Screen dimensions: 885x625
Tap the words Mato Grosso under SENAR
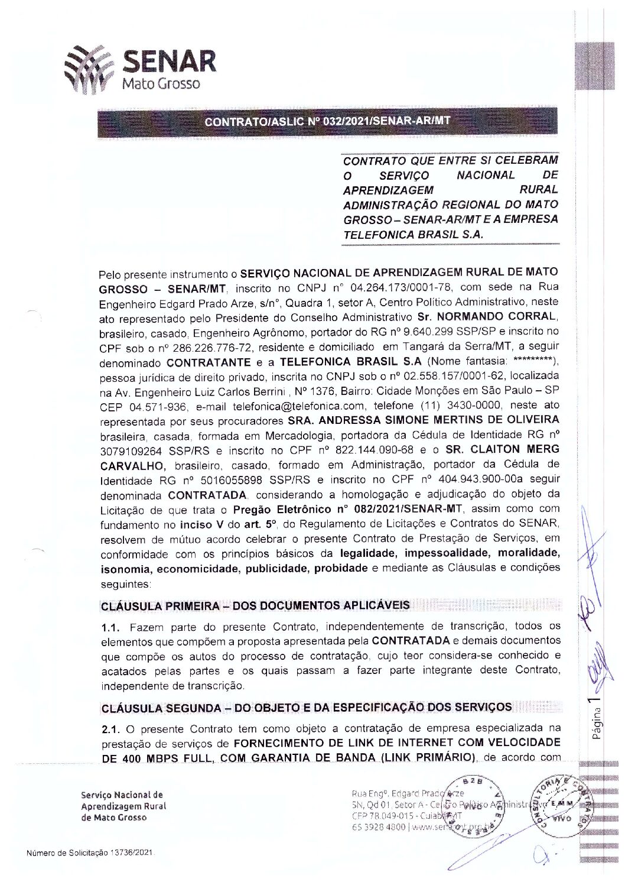tap(161, 84)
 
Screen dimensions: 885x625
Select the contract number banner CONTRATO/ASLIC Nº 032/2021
tap(327, 122)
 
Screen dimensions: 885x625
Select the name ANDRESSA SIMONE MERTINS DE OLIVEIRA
tap(423, 420)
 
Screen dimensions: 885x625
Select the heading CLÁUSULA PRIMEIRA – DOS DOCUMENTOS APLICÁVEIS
tap(255, 606)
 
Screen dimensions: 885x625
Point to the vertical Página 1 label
tap(598, 719)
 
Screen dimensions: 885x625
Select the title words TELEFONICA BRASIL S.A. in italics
tap(413, 234)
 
